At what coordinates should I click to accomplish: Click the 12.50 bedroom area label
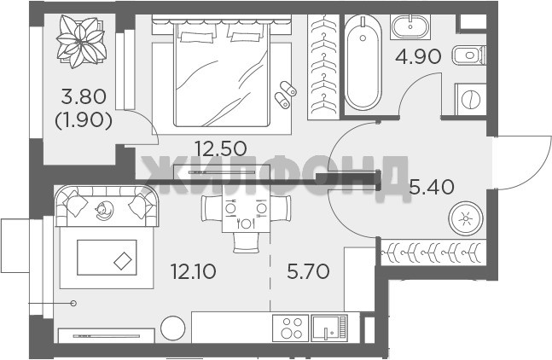[x=221, y=148]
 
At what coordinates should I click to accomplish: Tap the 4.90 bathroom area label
[x=418, y=56]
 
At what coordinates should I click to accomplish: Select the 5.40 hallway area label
[x=432, y=187]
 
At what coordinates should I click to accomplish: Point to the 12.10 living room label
[x=193, y=271]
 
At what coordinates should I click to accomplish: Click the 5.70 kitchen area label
[x=308, y=271]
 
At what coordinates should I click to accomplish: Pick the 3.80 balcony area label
[x=84, y=96]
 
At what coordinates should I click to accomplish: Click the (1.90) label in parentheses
[x=84, y=120]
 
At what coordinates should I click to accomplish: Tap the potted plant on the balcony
[x=81, y=41]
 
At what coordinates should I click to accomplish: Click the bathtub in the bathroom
[x=363, y=62]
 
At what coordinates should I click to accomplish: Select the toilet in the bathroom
[x=468, y=55]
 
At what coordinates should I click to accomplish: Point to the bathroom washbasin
[x=410, y=26]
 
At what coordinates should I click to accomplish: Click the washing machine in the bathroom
[x=471, y=99]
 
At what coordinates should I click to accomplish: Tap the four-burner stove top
[x=291, y=328]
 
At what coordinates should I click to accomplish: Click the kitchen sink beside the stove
[x=329, y=328]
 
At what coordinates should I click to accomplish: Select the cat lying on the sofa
[x=104, y=211]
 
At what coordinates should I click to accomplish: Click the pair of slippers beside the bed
[x=285, y=95]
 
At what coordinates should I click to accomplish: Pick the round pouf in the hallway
[x=466, y=218]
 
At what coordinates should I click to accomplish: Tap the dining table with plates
[x=246, y=213]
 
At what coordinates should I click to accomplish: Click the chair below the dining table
[x=246, y=243]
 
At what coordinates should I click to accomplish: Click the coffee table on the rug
[x=107, y=258]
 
